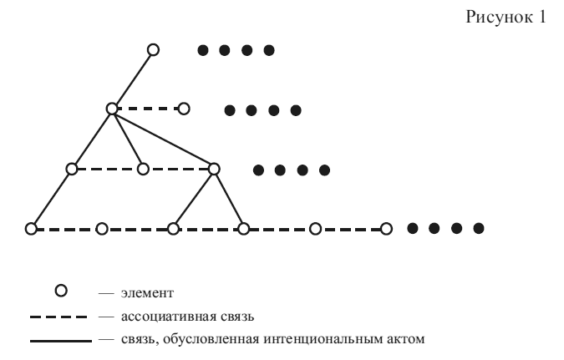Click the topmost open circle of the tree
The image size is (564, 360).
[153, 50]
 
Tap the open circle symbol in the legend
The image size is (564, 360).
[59, 292]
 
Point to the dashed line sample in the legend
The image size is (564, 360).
[59, 317]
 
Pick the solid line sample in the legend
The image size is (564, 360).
[59, 340]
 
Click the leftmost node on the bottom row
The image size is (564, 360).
[31, 228]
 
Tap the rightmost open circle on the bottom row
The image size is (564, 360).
[386, 228]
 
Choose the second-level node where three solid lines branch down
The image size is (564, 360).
[112, 109]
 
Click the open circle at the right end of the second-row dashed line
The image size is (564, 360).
[184, 109]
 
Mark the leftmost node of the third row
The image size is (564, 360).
[72, 169]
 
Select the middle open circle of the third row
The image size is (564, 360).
[143, 169]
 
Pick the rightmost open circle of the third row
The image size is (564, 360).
[214, 169]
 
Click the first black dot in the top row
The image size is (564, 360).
[202, 50]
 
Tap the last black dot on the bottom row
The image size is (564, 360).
[479, 228]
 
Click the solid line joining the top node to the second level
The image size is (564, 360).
[132, 79]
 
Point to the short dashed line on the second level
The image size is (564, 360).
[148, 109]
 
